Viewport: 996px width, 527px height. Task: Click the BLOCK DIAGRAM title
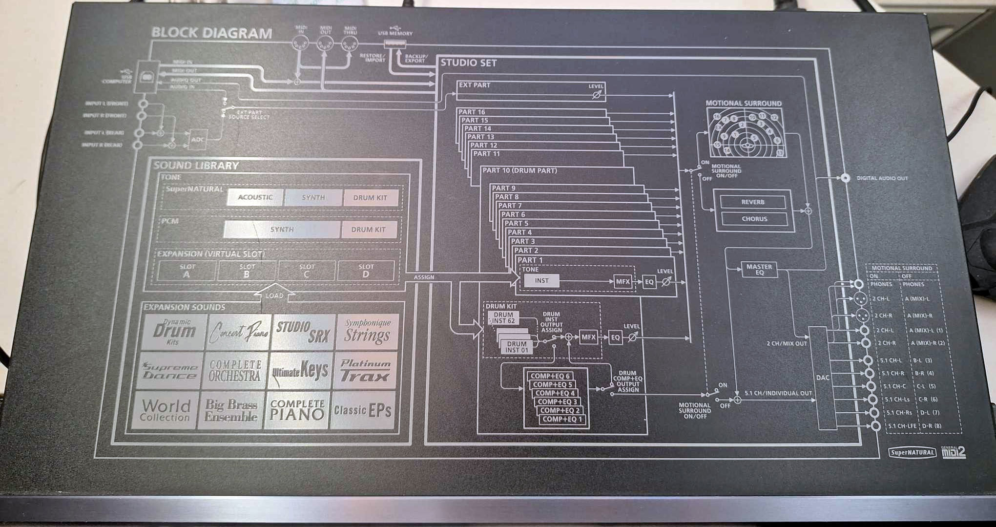tap(211, 33)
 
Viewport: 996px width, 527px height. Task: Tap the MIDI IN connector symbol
tap(300, 44)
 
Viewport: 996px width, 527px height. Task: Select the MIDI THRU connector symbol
tap(349, 44)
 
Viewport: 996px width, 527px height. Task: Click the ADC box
tap(198, 139)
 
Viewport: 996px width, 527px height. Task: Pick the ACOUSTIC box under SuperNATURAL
tap(255, 197)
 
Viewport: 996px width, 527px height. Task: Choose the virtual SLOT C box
tap(307, 271)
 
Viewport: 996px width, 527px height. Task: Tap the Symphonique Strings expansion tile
tap(367, 332)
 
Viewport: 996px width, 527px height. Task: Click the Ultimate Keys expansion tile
tap(300, 371)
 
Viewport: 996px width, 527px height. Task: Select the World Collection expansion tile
tap(165, 410)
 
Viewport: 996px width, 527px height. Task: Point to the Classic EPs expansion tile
tap(363, 410)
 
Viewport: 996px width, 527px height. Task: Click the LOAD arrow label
tap(274, 295)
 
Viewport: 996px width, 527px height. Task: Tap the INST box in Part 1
tap(541, 281)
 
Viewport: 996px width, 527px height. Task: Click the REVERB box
tap(753, 202)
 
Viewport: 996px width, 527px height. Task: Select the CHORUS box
tap(754, 219)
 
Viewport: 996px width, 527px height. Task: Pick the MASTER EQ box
tap(759, 270)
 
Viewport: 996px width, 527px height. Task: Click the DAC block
tap(823, 378)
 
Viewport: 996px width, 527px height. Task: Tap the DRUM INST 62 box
tap(503, 318)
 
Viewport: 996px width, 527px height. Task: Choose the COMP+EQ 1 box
tap(562, 419)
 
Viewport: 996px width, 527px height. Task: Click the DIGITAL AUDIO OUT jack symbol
tap(845, 178)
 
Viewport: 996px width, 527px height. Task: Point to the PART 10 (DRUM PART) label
tap(519, 170)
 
